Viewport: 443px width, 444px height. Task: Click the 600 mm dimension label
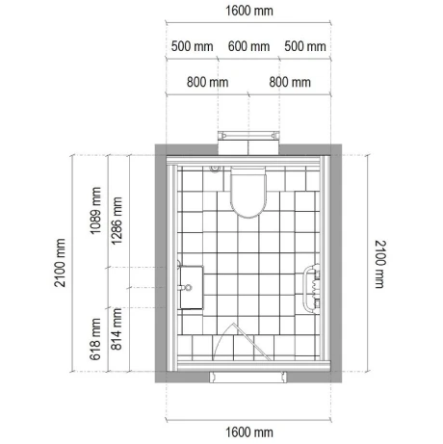[x=248, y=47]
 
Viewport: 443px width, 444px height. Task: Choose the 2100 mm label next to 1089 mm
[x=60, y=263]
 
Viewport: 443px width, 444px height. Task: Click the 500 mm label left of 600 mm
[x=193, y=47]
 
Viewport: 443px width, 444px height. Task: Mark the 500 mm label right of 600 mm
[x=305, y=47]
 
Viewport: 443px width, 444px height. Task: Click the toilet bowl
[x=249, y=193]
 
